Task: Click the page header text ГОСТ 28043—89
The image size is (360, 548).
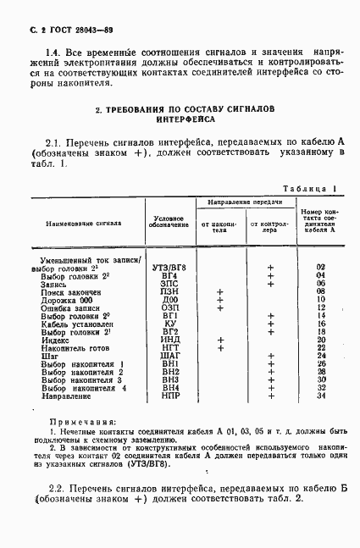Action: [69, 29]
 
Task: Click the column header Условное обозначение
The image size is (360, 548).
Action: [168, 224]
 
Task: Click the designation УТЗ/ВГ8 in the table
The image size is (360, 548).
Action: [169, 268]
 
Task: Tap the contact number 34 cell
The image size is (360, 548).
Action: [320, 396]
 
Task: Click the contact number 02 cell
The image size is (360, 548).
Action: [320, 268]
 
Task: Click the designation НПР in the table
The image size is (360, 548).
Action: [169, 396]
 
